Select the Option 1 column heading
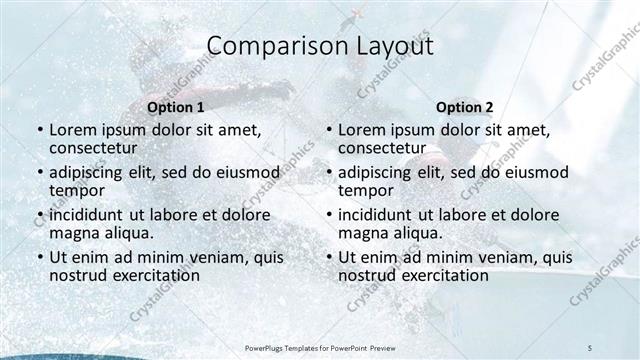click(175, 107)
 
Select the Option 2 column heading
click(464, 107)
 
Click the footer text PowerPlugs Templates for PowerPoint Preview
click(319, 346)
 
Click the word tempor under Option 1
click(77, 190)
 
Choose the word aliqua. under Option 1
click(127, 233)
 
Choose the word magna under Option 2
click(361, 233)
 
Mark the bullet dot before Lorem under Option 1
click(39, 131)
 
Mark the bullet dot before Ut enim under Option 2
click(328, 258)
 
